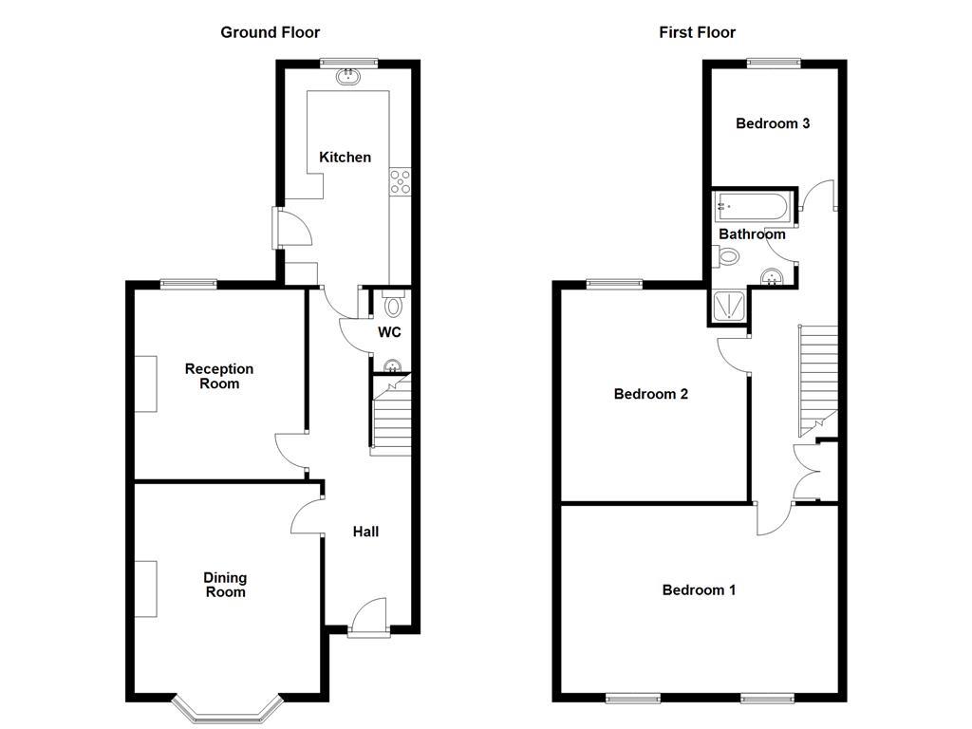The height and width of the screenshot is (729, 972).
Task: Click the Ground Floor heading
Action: tap(271, 32)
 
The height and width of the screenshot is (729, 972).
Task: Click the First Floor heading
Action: tap(698, 32)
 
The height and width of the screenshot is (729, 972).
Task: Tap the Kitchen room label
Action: tap(346, 157)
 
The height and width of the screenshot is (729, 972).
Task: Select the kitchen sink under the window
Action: tap(349, 77)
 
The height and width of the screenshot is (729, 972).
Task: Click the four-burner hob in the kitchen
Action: tap(400, 181)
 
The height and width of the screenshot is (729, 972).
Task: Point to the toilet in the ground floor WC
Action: tap(393, 303)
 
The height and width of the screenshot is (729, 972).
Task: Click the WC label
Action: tap(389, 332)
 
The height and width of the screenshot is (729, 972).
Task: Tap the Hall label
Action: tap(365, 532)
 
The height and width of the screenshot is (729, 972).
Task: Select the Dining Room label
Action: tap(225, 585)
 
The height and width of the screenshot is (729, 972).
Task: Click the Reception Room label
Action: tap(219, 376)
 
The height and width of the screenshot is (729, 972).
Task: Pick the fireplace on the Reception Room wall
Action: tap(145, 383)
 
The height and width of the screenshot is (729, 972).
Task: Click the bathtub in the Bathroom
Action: tap(753, 206)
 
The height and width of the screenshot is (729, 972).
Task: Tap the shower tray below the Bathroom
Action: tap(729, 307)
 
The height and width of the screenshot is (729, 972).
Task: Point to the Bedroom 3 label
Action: tap(773, 123)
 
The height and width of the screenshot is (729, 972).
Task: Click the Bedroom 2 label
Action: tap(651, 394)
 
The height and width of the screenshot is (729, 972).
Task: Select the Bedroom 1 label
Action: tap(699, 589)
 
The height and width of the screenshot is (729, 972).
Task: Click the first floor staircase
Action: tap(817, 380)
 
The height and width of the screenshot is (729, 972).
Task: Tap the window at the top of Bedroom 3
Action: tap(774, 63)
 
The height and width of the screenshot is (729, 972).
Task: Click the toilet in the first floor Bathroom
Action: tap(726, 255)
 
